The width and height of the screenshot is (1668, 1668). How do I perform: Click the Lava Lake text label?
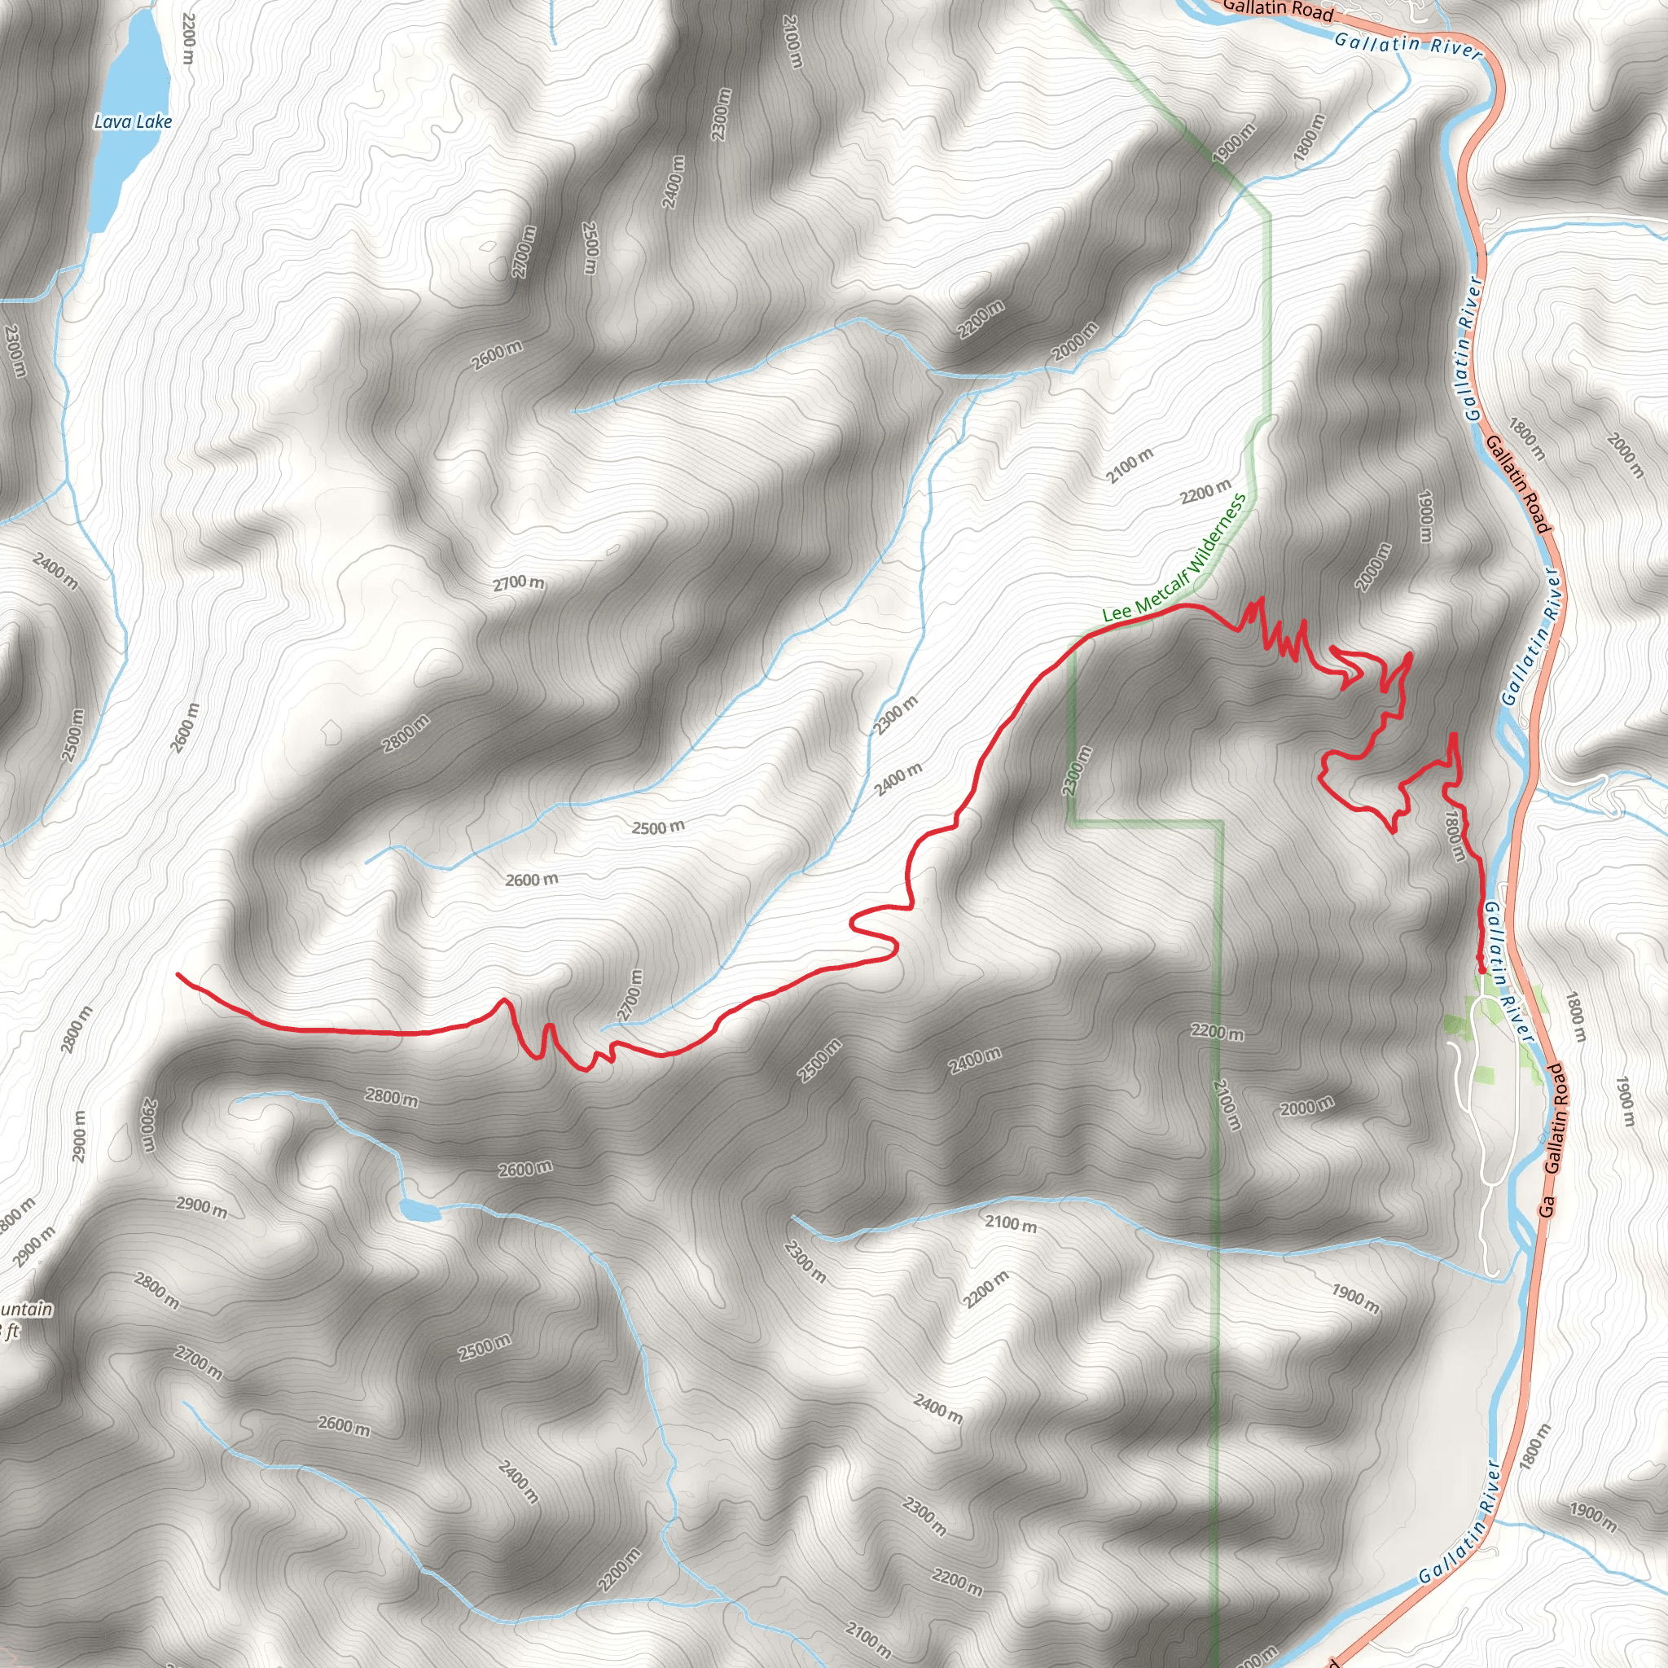click(x=133, y=121)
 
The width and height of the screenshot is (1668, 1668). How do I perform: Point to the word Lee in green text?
click(x=1117, y=613)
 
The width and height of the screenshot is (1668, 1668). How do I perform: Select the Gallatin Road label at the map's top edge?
click(x=1278, y=11)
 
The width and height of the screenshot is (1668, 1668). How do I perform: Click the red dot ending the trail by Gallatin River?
click(x=1481, y=969)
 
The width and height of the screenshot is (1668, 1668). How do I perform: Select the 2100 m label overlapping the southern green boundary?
click(x=1226, y=1105)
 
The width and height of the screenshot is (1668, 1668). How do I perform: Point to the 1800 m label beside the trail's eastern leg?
click(x=1455, y=835)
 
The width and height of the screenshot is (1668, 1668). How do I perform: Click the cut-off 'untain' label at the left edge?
click(x=26, y=1310)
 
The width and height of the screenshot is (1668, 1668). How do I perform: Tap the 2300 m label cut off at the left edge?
click(x=15, y=349)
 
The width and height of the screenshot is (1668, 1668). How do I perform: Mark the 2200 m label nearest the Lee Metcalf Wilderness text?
click(x=1205, y=491)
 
